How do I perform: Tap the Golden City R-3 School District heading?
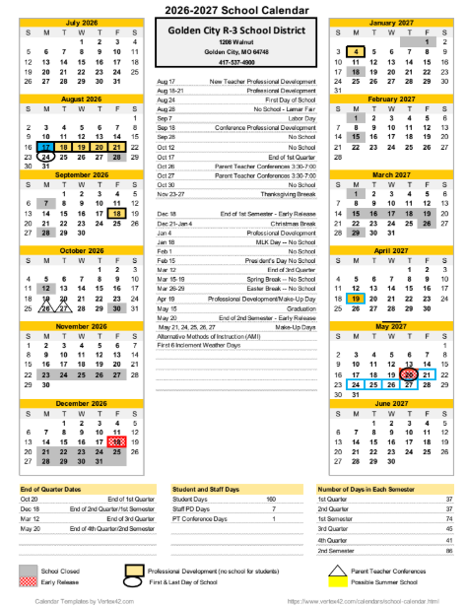tap(233, 32)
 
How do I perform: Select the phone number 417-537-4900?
tap(233, 61)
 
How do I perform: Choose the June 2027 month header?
tap(388, 403)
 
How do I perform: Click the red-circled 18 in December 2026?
tap(116, 441)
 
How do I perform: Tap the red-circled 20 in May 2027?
tap(407, 374)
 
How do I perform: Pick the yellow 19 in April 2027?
tap(355, 298)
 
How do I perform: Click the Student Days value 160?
tap(271, 500)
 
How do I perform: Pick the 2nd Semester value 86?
tap(448, 550)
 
